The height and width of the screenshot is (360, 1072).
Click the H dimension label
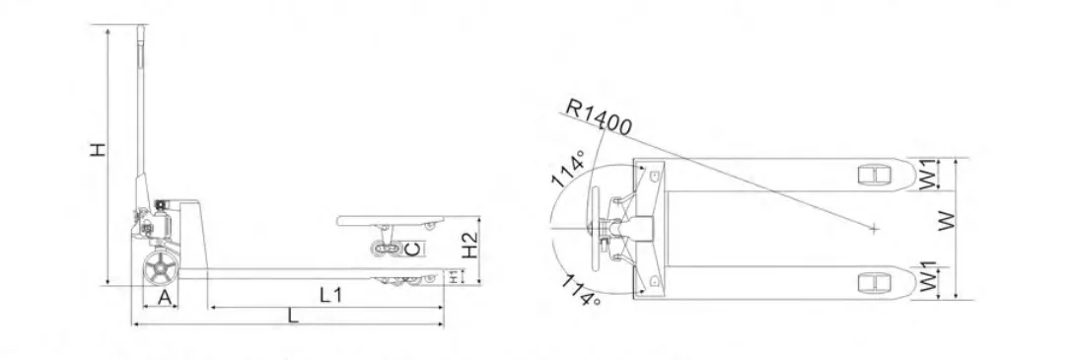[100, 149]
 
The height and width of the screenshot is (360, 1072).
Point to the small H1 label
[454, 276]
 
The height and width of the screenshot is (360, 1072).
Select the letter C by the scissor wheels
[411, 250]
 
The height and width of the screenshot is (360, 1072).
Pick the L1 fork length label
[331, 295]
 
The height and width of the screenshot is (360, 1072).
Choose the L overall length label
[292, 315]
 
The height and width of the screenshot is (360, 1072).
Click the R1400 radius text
[599, 117]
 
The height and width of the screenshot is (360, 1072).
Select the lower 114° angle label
[578, 290]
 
